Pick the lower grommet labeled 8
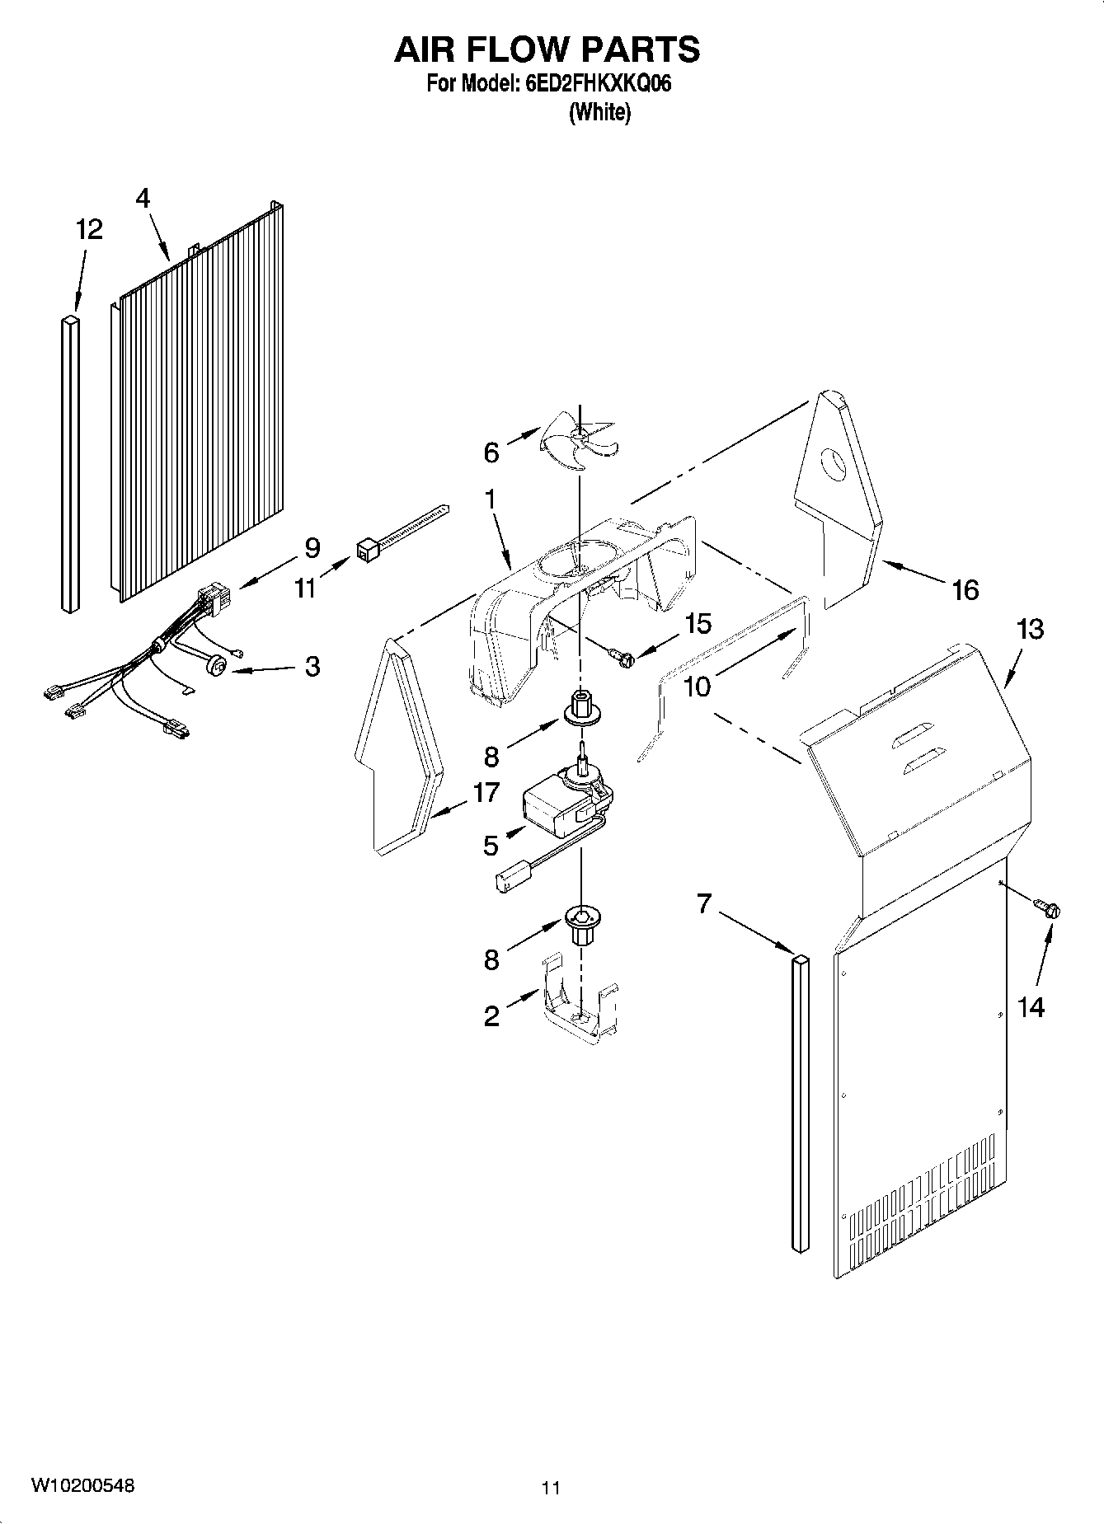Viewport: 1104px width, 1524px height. tap(582, 922)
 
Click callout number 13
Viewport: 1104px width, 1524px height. tap(1030, 629)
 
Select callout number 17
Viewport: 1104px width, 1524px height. tap(486, 792)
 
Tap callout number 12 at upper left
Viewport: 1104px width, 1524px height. tap(89, 229)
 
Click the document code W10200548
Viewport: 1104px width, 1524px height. tap(82, 1485)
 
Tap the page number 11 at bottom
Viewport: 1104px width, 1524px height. tap(551, 1488)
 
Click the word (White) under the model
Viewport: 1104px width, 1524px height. tap(599, 112)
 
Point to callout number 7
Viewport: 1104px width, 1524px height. tap(703, 904)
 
